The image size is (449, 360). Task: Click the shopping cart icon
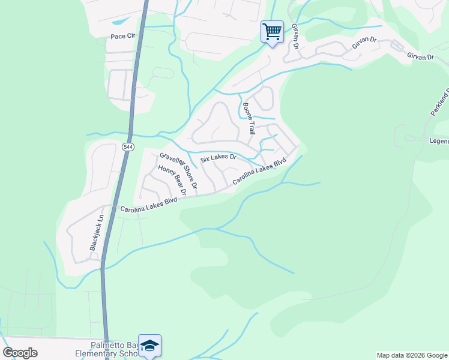pos(272,31)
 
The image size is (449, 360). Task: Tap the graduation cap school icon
pos(149,346)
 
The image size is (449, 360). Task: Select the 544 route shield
pos(127,146)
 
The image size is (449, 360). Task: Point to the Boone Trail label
pos(249,119)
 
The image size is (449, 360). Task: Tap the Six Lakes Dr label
pos(218,158)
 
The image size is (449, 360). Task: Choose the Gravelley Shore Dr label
pos(178,169)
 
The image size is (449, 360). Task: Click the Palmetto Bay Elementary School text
pos(114,350)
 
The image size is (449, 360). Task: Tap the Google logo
pos(21,353)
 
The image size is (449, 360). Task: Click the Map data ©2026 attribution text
pos(412,355)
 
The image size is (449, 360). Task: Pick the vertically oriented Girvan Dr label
pos(295,37)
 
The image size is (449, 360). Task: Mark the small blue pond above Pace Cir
pos(119,21)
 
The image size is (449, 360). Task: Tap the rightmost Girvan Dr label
pos(420,56)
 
